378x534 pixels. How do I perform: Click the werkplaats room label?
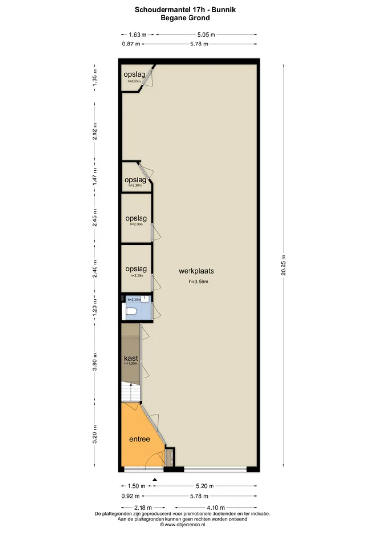(x=196, y=271)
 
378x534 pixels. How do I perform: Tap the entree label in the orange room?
(x=140, y=439)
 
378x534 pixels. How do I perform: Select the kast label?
(x=131, y=358)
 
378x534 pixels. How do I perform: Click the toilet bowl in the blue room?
(x=131, y=311)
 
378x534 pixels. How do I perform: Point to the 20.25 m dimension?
(x=283, y=265)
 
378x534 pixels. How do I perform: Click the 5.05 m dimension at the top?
(x=206, y=34)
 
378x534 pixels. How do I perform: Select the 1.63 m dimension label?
(x=138, y=34)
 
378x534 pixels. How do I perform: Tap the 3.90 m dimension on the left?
(x=95, y=362)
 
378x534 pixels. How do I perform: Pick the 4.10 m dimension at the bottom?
(x=215, y=508)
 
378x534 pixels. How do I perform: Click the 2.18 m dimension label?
(x=143, y=508)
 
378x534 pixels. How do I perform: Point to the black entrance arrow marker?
(x=155, y=480)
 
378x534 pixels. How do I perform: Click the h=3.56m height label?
(x=199, y=282)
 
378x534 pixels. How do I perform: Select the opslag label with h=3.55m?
(x=134, y=74)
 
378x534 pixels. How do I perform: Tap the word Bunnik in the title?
(x=223, y=10)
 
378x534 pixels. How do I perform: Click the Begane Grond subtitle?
(x=185, y=18)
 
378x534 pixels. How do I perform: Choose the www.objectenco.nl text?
(x=185, y=525)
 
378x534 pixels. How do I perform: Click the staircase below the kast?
(x=131, y=392)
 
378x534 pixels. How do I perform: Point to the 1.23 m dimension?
(x=95, y=305)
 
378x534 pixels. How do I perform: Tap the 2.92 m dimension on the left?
(x=95, y=131)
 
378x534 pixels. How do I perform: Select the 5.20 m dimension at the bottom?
(x=205, y=486)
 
